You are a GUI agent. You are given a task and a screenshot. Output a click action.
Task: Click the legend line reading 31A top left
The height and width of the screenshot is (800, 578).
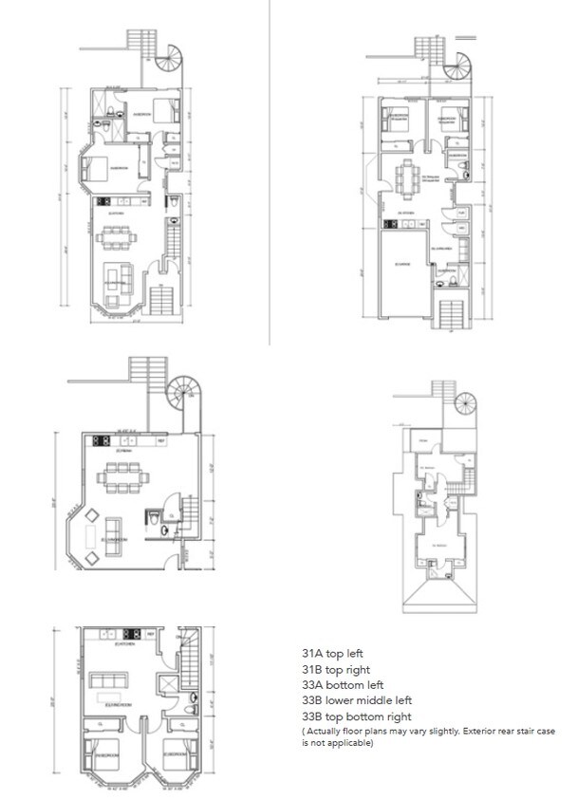click(332, 654)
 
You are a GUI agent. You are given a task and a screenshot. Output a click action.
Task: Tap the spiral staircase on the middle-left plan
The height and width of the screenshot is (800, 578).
click(181, 393)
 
